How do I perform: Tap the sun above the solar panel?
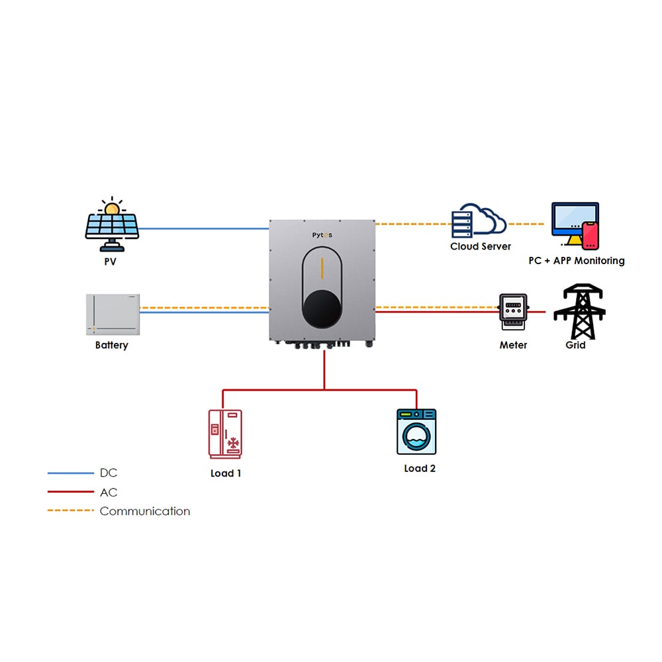112,208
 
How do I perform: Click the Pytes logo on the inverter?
322,236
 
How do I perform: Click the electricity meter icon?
513,312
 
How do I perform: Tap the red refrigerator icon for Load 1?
225,434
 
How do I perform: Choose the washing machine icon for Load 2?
416,432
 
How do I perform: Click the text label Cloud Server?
481,246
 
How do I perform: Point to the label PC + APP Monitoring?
576,261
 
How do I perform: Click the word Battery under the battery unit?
112,345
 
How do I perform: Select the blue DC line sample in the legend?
71,473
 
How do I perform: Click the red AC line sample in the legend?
71,492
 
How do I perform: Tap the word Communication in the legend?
144,511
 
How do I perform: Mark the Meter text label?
513,345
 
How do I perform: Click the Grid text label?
575,345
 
